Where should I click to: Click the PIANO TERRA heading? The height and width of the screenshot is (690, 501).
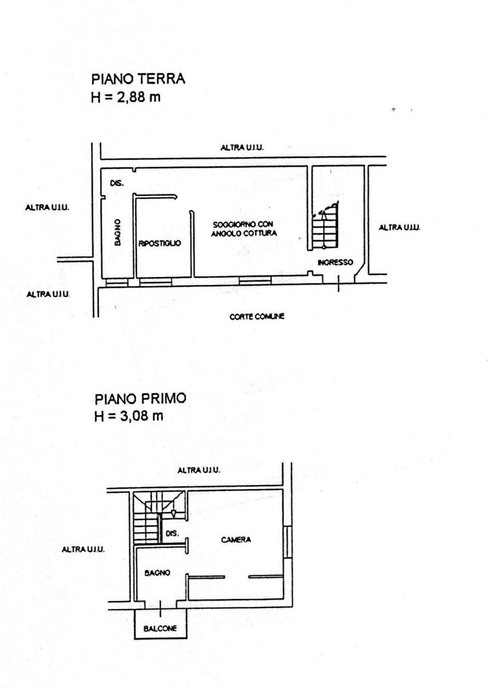[138, 79]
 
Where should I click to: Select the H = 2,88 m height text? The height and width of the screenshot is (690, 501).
[126, 97]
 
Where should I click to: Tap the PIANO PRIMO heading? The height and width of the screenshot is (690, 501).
[140, 398]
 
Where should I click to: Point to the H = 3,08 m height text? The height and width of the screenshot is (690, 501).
[129, 416]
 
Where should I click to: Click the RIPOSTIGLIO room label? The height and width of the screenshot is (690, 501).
[160, 243]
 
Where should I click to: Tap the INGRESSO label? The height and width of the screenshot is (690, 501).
[336, 262]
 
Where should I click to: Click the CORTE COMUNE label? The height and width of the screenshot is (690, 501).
[257, 316]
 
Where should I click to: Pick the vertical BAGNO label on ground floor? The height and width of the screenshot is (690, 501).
[117, 232]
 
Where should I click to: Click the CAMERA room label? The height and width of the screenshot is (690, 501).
[236, 539]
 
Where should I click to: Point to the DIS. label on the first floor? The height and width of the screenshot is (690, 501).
[172, 534]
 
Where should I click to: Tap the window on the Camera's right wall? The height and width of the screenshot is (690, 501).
[288, 542]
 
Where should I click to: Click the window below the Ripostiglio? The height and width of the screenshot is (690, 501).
[156, 282]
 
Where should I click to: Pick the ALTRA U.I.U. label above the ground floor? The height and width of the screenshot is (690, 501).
[242, 148]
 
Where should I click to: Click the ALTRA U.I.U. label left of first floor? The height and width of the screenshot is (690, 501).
[83, 549]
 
